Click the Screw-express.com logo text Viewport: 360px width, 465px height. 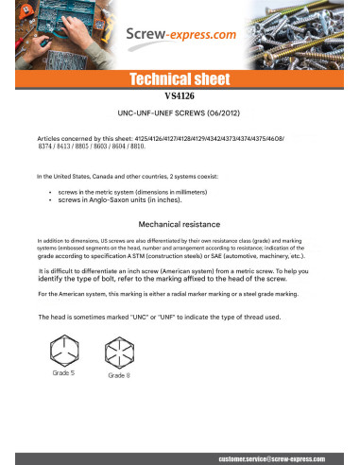coord(180,35)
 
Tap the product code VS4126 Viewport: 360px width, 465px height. coord(180,96)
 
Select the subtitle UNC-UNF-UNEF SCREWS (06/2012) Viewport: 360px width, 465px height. coord(180,112)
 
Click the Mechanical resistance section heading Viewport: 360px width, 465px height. coord(180,225)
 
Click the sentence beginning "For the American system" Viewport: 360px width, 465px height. coord(180,294)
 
